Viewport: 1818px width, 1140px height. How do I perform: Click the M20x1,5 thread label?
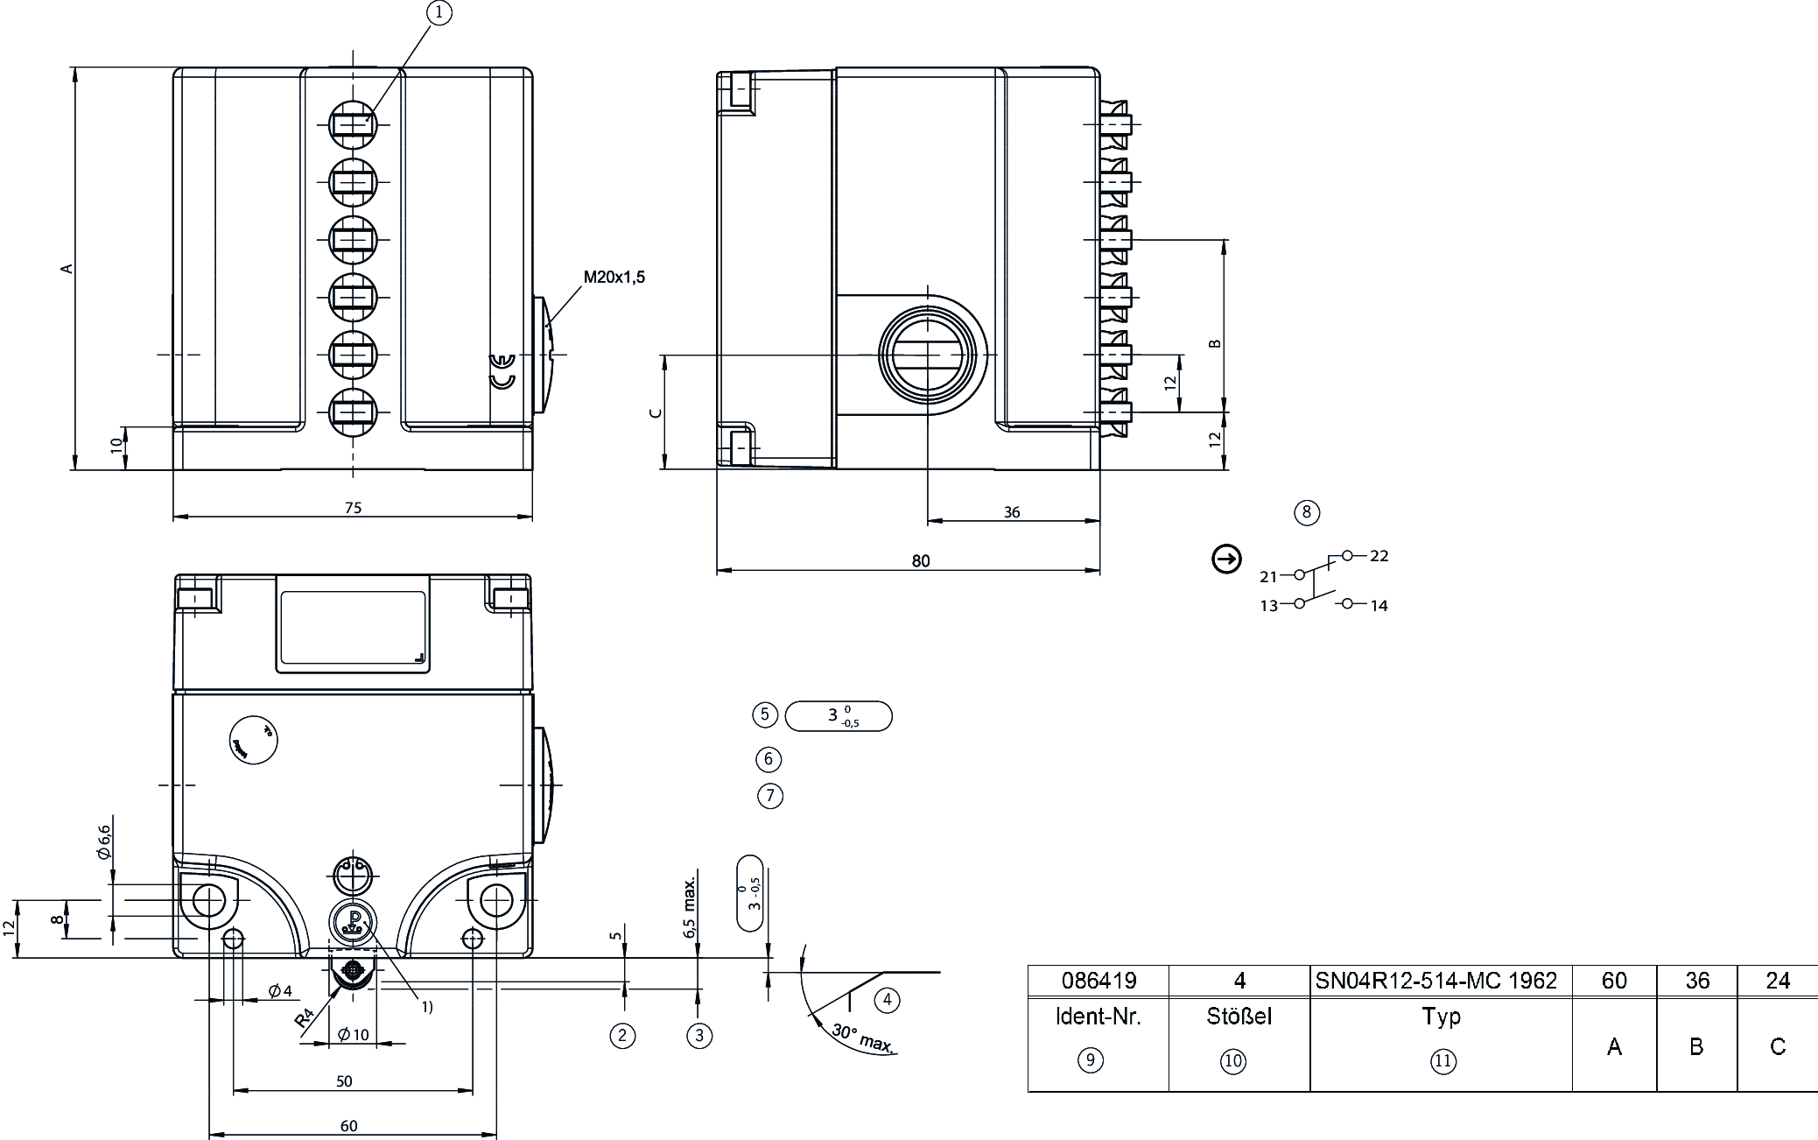[614, 278]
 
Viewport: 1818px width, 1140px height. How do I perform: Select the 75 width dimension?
[353, 507]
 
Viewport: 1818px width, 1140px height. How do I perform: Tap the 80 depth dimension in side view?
[921, 561]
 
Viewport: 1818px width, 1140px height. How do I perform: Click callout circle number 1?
[439, 12]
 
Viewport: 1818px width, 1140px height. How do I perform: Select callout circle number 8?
[1306, 512]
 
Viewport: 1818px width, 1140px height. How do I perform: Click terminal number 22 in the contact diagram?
[1379, 556]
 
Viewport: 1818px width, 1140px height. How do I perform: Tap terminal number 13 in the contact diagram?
[1268, 606]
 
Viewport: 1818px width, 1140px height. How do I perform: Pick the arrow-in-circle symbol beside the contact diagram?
[1226, 559]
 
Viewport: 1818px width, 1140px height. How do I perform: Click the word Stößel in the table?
[1239, 1017]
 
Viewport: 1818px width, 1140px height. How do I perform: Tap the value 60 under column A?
[1614, 981]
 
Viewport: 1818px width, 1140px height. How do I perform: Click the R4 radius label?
[304, 1018]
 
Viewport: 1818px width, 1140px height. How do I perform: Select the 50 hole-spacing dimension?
[344, 1081]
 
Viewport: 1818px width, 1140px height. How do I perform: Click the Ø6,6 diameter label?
[104, 841]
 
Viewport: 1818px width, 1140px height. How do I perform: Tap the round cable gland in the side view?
[927, 355]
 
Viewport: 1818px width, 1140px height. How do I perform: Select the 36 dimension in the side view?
[1012, 512]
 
